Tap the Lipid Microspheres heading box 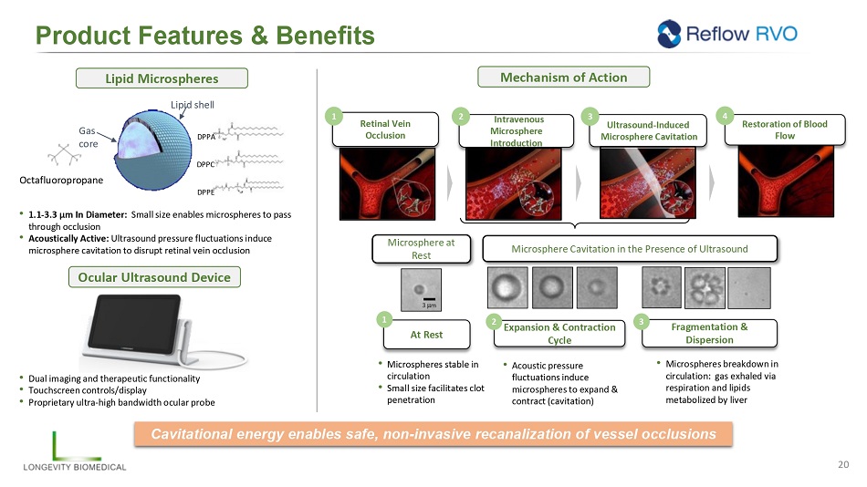coord(162,78)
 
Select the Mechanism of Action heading coord(563,78)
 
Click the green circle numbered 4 coord(726,117)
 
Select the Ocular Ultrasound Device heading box coord(162,276)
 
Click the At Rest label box coord(426,335)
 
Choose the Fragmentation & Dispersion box coord(708,333)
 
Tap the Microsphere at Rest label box coord(422,249)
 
